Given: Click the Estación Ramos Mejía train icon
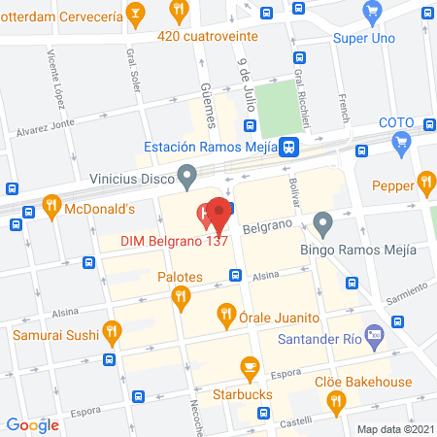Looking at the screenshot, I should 287,147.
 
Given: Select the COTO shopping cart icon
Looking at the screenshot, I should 401,142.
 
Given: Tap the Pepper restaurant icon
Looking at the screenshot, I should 424,181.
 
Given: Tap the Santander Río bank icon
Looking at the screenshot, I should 376,337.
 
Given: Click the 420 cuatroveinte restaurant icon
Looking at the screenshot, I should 178,12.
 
